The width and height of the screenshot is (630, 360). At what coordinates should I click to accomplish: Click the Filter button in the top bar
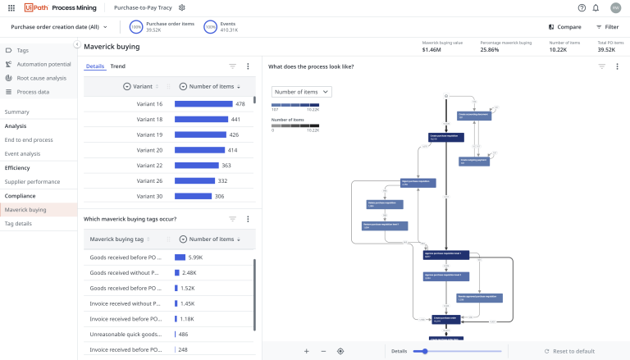click(606, 27)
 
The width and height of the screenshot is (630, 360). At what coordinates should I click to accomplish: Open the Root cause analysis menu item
click(41, 78)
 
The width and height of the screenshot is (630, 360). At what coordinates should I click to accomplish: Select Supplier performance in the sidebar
click(32, 181)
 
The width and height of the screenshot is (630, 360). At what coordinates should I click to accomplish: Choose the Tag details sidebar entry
click(18, 223)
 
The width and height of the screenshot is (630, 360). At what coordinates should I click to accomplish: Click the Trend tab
click(118, 66)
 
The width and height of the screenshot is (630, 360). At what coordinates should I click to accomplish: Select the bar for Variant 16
click(203, 104)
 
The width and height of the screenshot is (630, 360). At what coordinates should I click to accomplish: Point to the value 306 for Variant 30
click(219, 196)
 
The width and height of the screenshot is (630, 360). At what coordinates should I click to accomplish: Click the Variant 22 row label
click(149, 166)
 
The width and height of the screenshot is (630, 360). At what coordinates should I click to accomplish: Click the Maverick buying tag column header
click(116, 239)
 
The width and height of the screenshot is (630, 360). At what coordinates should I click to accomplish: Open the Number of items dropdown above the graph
click(302, 92)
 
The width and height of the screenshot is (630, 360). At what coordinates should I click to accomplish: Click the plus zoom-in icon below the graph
click(306, 351)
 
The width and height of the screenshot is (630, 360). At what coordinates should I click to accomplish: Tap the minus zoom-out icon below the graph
click(323, 351)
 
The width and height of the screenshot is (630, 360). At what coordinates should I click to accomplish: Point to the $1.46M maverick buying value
click(431, 50)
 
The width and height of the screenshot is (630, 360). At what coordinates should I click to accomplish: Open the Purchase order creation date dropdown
click(59, 27)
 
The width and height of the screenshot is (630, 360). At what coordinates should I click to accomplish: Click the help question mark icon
click(582, 7)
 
